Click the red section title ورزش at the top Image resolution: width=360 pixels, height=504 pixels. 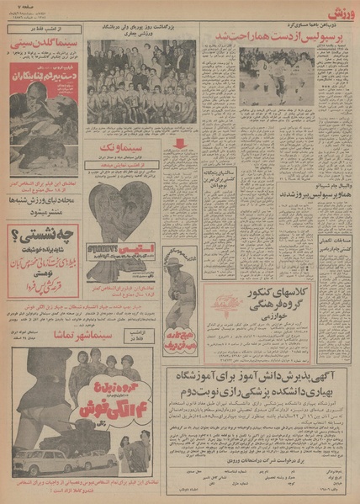coord(335,11)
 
